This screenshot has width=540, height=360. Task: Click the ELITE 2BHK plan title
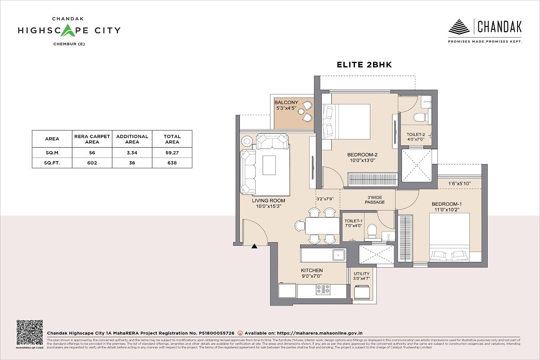[x=364, y=65]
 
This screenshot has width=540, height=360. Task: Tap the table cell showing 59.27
[x=172, y=153]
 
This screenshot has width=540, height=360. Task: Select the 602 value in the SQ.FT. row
[x=92, y=163]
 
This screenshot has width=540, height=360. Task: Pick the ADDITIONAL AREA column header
[x=132, y=139]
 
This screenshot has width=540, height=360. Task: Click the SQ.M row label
[x=52, y=153]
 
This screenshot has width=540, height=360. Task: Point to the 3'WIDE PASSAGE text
[x=374, y=199]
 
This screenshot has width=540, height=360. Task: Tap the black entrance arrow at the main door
[x=254, y=246]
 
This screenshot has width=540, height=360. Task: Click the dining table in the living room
[x=322, y=225]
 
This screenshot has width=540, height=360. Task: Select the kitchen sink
[x=338, y=255]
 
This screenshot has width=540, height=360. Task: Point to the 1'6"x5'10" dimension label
[x=459, y=184]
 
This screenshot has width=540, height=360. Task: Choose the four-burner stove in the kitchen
[x=323, y=290]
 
